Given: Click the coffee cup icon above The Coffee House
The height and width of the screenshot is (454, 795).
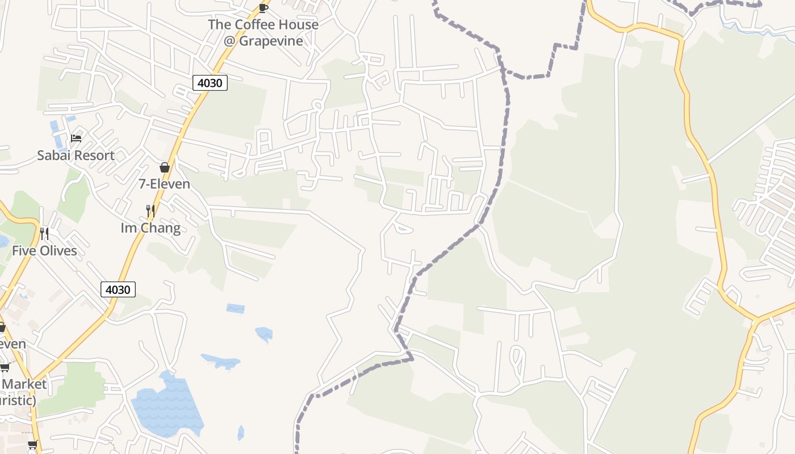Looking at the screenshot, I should point(263,7).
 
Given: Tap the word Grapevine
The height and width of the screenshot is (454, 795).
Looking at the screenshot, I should point(271,41).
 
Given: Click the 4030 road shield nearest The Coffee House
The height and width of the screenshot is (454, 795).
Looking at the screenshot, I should point(210,83).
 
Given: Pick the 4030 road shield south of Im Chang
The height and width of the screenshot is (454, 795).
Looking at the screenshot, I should point(118,289).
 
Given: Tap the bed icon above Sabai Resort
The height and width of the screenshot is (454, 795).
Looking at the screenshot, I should point(76,138).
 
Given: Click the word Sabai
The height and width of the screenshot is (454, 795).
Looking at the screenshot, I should point(54,155).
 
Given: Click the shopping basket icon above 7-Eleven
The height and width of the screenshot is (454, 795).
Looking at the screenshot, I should point(165,167).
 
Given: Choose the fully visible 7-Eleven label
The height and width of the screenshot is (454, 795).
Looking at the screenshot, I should point(165,184).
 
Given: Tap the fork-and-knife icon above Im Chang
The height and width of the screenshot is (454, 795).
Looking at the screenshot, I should point(150,211).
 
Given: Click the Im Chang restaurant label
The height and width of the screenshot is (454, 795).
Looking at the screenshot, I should point(150,228).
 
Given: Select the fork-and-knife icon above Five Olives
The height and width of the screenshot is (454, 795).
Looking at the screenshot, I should point(44,233).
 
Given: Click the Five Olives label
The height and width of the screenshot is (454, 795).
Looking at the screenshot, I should point(44,250).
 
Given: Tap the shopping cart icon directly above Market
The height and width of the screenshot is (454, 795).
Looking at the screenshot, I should point(5,368).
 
